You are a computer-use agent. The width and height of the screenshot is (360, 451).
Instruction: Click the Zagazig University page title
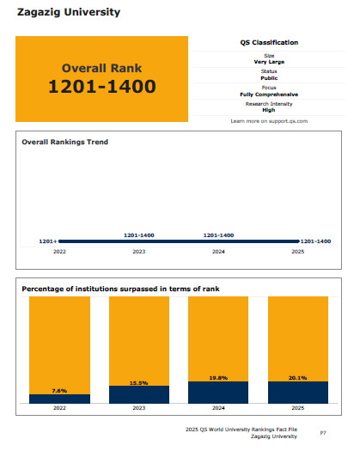click(69, 12)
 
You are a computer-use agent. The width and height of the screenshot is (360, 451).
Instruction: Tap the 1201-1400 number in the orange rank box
click(102, 86)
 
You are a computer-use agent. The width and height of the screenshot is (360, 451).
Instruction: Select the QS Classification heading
click(269, 43)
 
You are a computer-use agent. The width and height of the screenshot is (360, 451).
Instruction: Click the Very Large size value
click(269, 62)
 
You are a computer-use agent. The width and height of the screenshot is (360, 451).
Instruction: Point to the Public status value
click(269, 78)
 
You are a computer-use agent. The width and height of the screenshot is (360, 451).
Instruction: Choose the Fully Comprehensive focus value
click(269, 94)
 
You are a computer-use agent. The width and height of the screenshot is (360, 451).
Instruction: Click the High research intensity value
click(269, 110)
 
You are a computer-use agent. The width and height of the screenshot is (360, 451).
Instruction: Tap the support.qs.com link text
click(288, 121)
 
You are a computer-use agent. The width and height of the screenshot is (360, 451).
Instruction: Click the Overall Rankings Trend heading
click(65, 142)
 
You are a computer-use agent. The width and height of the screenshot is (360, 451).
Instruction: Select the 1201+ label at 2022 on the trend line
click(48, 241)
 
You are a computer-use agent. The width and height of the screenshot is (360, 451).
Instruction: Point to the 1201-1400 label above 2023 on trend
click(139, 235)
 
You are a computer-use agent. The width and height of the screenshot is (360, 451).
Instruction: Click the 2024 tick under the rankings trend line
click(218, 252)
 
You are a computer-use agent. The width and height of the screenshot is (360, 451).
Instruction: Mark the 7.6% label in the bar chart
click(59, 391)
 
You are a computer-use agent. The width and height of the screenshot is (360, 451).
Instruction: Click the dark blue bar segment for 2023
click(139, 394)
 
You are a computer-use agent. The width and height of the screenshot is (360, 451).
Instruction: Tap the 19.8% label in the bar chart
click(218, 378)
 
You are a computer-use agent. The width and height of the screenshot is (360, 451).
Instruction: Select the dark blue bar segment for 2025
click(298, 393)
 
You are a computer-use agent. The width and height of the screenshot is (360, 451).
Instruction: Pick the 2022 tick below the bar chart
click(59, 408)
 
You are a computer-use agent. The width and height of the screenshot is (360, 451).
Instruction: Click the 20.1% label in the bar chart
click(298, 378)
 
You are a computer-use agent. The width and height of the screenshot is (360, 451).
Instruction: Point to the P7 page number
click(323, 433)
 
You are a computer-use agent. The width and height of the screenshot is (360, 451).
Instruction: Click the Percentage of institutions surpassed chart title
click(120, 289)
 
